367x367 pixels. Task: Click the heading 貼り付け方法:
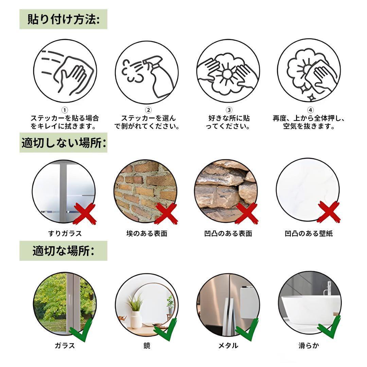point(63,19)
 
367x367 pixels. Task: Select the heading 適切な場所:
point(63,251)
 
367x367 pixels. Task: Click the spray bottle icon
point(158,76)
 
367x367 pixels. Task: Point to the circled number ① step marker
point(65,110)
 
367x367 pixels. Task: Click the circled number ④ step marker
point(310,110)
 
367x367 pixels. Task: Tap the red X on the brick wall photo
point(165,213)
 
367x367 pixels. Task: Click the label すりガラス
point(65,233)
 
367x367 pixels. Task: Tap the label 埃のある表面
point(147,233)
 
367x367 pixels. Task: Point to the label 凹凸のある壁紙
point(309,233)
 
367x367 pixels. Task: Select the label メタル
point(228,346)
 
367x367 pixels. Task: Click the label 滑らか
point(309,346)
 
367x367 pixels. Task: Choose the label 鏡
point(147,346)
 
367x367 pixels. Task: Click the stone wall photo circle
point(226,190)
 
